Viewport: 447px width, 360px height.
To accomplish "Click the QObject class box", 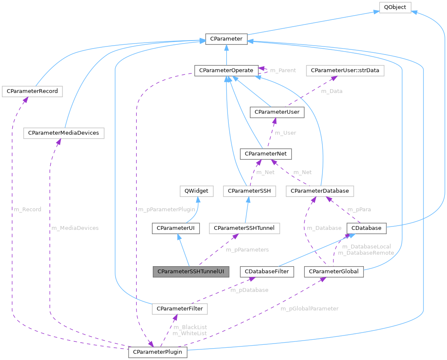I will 395,8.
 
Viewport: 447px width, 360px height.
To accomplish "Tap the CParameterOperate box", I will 226,70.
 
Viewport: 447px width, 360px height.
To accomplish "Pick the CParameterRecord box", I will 32,91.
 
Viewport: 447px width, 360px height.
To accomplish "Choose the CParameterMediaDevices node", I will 63,133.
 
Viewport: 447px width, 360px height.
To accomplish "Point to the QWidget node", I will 196,191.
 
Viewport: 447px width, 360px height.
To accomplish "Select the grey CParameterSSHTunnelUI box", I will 191,271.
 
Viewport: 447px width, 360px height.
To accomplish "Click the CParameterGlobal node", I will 334,271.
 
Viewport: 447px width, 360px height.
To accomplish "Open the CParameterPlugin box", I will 158,352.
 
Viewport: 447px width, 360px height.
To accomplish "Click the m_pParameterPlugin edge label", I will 166,210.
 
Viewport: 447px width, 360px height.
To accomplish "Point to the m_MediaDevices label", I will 75,228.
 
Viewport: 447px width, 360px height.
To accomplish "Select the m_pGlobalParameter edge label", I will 309,308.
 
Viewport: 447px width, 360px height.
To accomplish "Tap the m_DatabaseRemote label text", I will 366,253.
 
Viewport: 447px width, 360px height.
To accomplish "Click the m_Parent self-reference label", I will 283,70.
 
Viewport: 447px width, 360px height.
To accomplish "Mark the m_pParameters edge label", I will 247,250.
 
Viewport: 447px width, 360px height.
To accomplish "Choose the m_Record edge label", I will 27,209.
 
